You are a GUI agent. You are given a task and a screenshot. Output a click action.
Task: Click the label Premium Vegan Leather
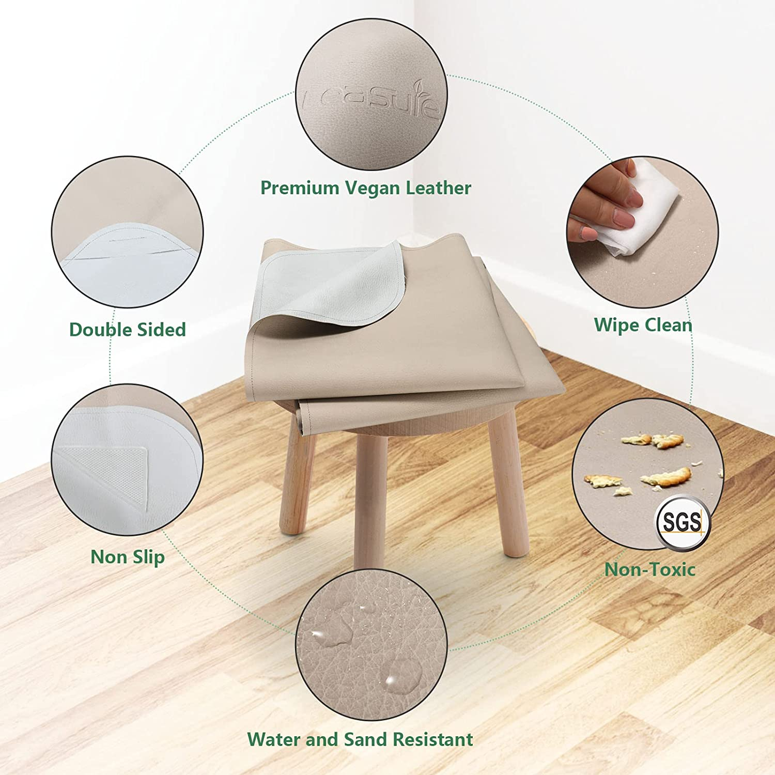[x=365, y=188]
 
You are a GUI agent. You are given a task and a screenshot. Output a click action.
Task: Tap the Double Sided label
[x=127, y=330]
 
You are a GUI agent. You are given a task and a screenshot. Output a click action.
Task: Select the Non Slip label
[x=127, y=557]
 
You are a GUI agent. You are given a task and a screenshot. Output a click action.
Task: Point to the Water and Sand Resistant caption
[x=360, y=739]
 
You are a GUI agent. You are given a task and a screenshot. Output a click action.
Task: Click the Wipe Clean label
[x=643, y=325]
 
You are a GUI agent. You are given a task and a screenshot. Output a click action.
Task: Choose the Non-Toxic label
[x=649, y=569]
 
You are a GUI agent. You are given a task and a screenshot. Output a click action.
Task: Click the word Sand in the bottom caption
[x=365, y=739]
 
